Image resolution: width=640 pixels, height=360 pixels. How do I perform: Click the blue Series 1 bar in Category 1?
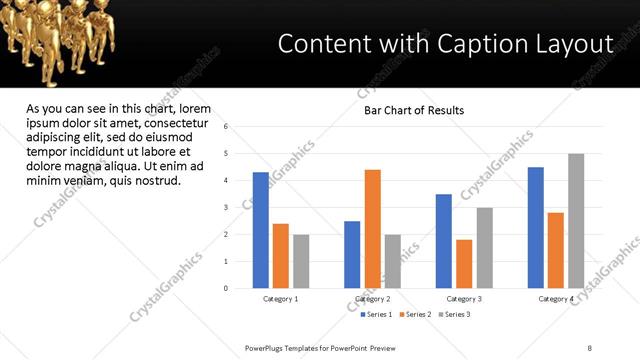(x=261, y=230)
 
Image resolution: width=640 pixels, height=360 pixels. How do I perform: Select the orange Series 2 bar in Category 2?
(x=372, y=229)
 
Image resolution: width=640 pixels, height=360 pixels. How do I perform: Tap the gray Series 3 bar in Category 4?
(x=576, y=221)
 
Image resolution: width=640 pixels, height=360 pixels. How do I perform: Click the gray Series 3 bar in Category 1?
(x=301, y=261)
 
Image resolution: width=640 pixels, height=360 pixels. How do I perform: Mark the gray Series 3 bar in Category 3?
(x=484, y=248)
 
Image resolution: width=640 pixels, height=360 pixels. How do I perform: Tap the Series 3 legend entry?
(x=453, y=315)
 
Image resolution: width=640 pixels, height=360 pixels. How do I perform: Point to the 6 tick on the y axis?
(x=227, y=127)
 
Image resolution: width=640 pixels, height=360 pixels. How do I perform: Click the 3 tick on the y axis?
(x=227, y=208)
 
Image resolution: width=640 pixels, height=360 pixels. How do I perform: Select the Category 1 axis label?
(x=281, y=299)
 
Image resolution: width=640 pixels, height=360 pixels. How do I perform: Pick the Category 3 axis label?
(x=464, y=299)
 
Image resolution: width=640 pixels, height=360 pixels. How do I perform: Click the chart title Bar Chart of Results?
(x=413, y=110)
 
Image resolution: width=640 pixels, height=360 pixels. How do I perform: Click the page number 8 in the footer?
(x=590, y=347)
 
